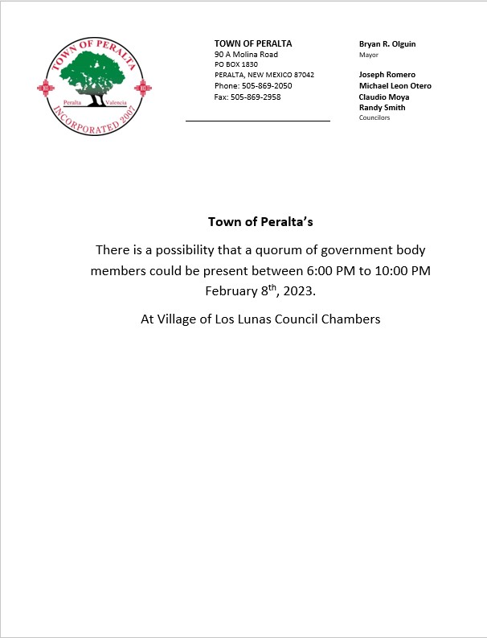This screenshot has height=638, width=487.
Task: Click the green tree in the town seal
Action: click(x=96, y=74)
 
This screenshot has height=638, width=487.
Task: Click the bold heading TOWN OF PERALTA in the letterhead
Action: click(x=253, y=43)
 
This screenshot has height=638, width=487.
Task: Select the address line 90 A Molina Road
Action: click(x=246, y=54)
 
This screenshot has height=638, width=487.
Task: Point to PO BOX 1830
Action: click(x=236, y=64)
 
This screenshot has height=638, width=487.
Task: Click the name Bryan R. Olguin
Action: click(x=387, y=43)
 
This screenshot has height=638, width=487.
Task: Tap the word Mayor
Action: click(x=368, y=55)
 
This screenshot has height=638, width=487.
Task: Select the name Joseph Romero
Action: click(x=387, y=75)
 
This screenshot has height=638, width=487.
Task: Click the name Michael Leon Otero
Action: click(x=395, y=86)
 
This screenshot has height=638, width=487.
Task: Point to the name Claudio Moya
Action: click(x=383, y=97)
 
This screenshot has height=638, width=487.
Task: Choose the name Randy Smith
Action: click(x=382, y=107)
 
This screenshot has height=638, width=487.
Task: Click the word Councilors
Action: click(x=374, y=117)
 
